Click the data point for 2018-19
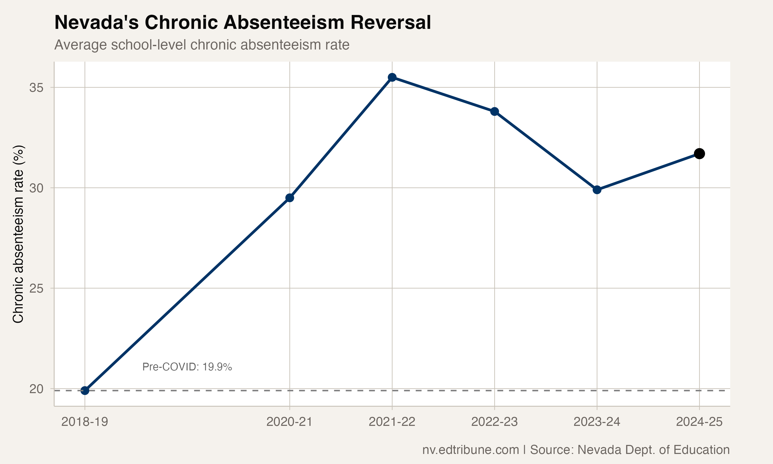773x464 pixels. point(85,391)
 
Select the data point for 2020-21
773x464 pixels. point(290,198)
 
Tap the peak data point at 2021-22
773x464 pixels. point(392,77)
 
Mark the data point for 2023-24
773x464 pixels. point(597,190)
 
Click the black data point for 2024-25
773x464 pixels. point(699,154)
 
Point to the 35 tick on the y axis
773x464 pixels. point(36,88)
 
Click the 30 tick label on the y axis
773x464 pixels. point(36,188)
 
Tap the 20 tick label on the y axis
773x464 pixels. point(36,389)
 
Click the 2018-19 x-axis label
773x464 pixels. point(85,422)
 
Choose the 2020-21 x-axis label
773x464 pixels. point(290,422)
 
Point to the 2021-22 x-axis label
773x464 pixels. point(392,422)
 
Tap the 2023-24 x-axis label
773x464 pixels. point(597,422)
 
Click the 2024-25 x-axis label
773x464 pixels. point(699,422)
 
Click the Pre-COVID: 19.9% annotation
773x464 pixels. point(187,367)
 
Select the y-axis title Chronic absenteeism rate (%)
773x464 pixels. point(18,234)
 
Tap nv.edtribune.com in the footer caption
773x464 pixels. point(470,450)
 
